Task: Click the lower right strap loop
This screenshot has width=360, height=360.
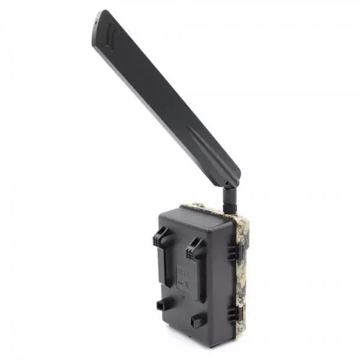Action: point(199,321)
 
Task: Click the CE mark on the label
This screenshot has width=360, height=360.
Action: point(184,274)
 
